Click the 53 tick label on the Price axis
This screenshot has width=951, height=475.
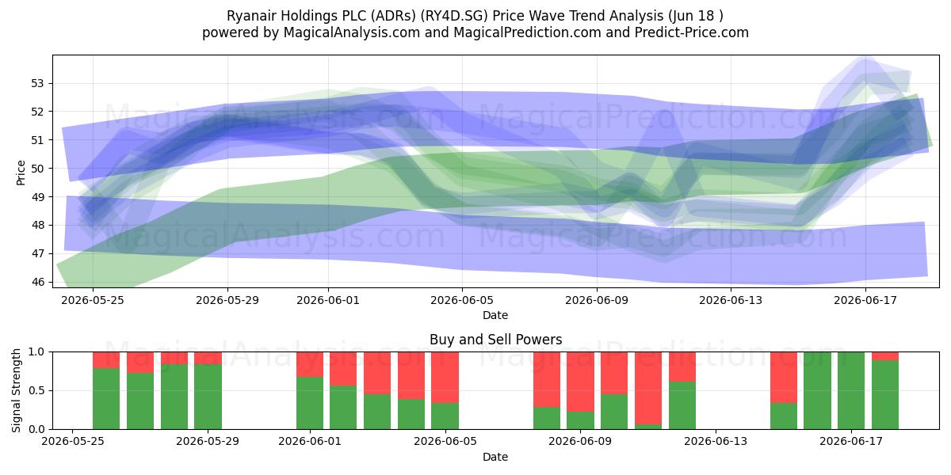37,83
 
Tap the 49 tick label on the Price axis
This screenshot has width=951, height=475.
37,197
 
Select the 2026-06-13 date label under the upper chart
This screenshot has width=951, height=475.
731,300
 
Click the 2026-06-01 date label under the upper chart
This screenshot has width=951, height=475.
328,300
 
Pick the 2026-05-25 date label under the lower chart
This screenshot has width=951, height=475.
73,441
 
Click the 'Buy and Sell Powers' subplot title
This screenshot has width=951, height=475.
495,340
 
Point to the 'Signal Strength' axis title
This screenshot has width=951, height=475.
16,390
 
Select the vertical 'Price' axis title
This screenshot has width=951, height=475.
21,173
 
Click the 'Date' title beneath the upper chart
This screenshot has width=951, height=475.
495,315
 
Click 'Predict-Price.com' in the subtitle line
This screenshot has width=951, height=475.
692,32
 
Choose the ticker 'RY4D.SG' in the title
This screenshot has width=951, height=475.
454,16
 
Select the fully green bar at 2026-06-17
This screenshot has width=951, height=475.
851,390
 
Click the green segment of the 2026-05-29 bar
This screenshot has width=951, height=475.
208,397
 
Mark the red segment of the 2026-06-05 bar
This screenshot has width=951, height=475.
445,377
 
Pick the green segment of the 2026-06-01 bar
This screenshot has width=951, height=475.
310,403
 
